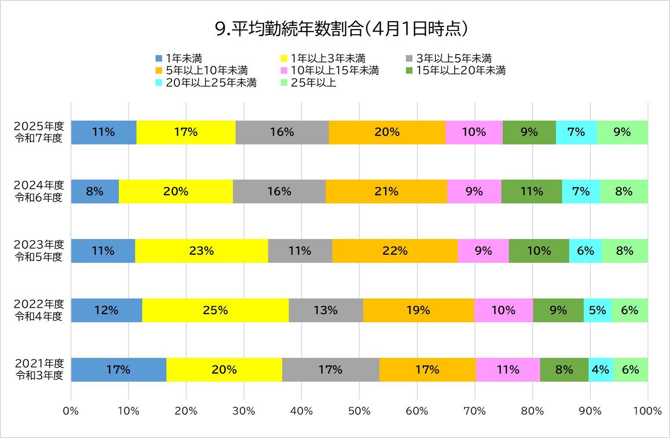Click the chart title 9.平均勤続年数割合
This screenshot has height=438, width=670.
point(341,29)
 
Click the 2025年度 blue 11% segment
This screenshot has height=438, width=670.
point(103,132)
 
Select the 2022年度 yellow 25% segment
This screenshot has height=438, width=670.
point(215,310)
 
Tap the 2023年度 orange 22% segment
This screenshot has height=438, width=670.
point(395,251)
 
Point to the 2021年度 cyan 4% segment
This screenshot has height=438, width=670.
point(600,370)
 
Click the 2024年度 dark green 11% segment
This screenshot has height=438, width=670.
point(532,191)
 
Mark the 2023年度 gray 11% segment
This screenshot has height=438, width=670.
point(300,251)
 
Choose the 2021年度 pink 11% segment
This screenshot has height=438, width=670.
point(508,370)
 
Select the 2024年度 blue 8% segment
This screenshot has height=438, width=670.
point(95,191)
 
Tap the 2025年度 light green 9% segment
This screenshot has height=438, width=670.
point(622,132)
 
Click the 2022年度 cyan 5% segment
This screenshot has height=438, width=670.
point(597,310)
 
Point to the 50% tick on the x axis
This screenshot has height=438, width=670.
point(359,411)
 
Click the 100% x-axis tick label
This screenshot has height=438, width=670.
point(647,411)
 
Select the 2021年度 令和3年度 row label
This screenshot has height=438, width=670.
point(40,369)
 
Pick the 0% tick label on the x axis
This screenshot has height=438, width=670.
point(71,411)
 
